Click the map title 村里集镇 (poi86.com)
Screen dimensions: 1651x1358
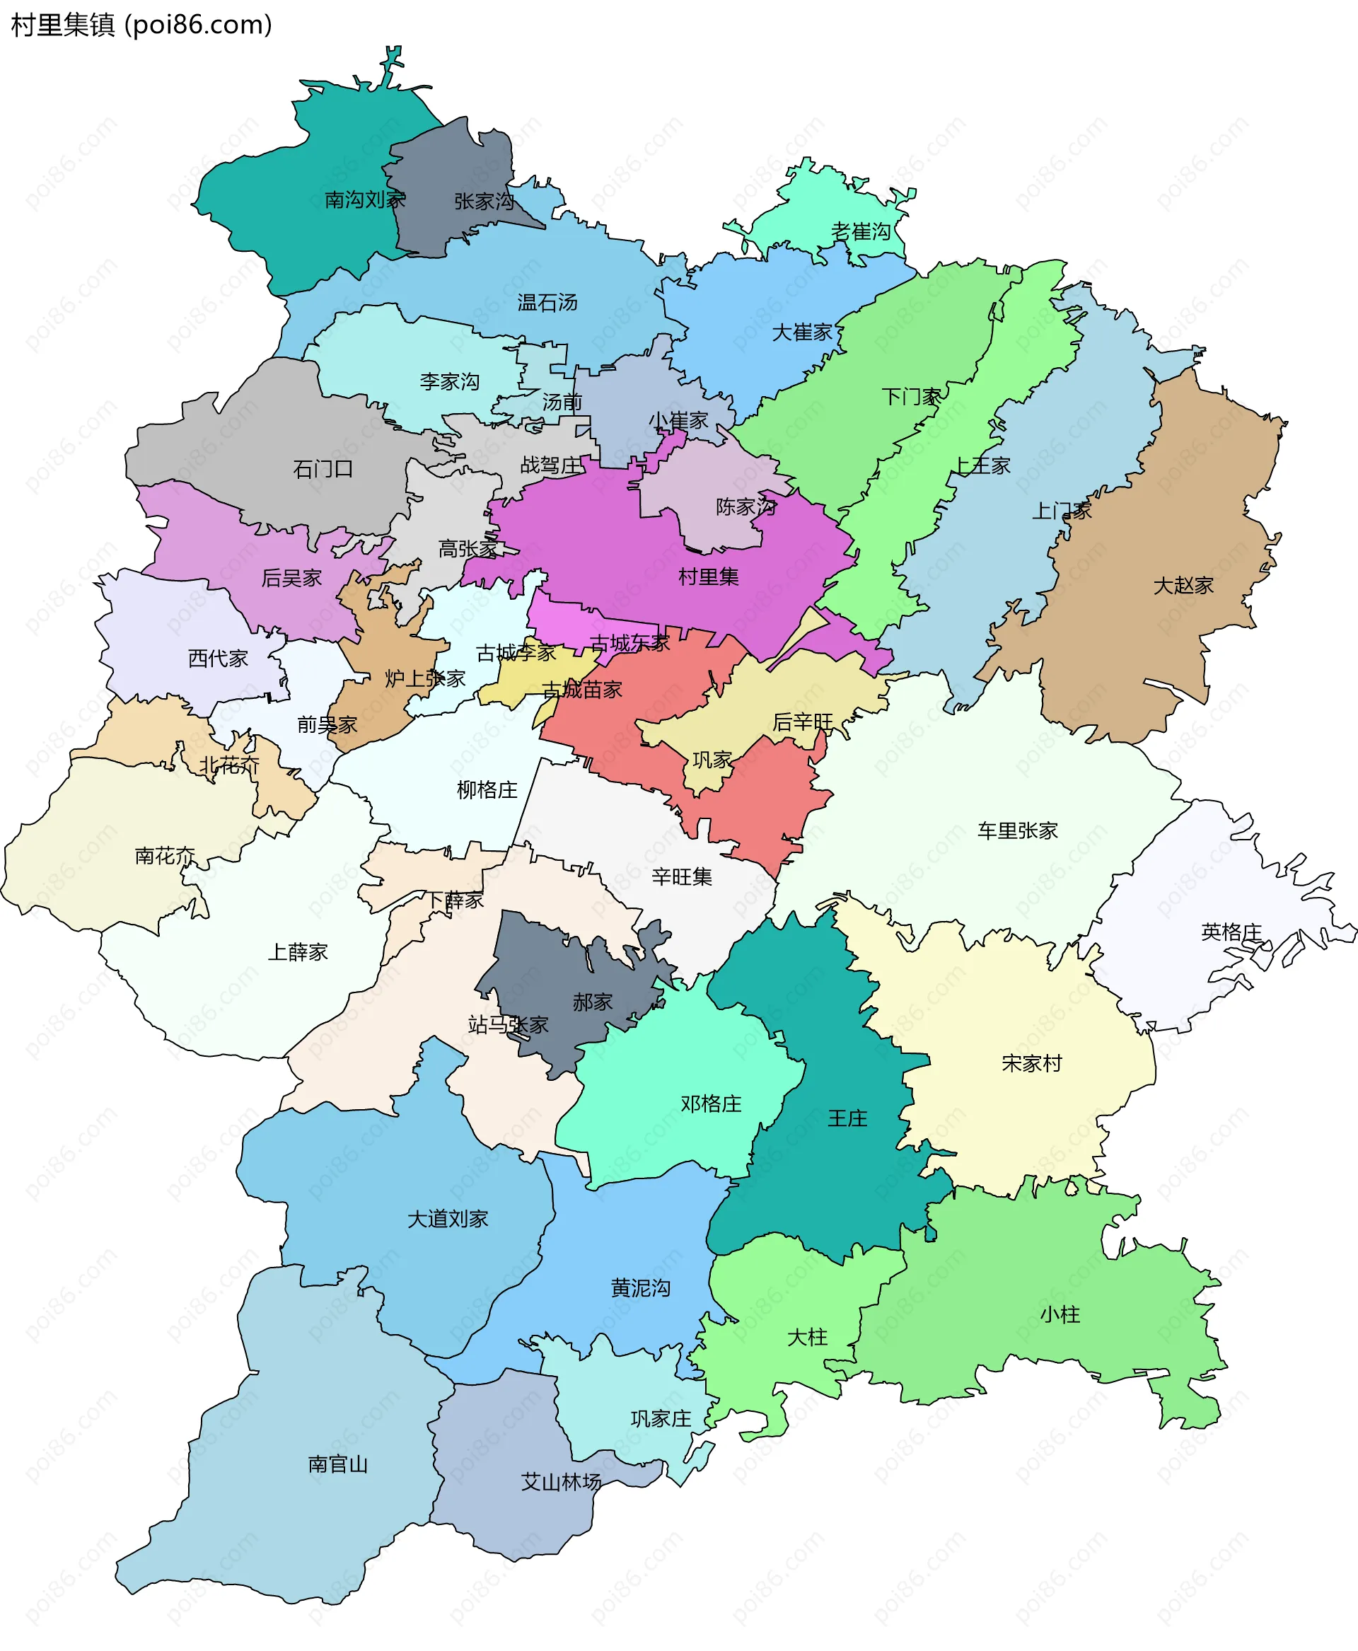[141, 25]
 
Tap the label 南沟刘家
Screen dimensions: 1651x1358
[365, 200]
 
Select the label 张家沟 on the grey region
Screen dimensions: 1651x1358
[484, 202]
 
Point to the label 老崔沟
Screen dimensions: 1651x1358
[861, 231]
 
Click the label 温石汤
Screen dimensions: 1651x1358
[547, 303]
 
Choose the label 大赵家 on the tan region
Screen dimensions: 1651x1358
[1183, 585]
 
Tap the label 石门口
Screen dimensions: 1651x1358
[323, 470]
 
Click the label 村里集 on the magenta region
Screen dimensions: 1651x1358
[708, 577]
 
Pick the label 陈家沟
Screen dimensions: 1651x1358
[745, 507]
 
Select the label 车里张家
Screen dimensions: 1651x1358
[1017, 831]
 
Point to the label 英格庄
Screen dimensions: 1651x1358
[1231, 932]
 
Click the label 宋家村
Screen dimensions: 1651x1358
[1032, 1063]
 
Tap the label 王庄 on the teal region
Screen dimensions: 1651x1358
[847, 1118]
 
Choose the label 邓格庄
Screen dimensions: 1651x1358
[711, 1104]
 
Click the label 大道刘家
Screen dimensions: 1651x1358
[448, 1219]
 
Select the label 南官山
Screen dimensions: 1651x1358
[338, 1464]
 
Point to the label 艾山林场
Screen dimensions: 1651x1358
[561, 1482]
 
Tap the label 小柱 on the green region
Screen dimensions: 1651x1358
[1060, 1314]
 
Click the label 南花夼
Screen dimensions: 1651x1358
[164, 856]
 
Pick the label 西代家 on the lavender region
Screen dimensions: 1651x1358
[217, 659]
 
